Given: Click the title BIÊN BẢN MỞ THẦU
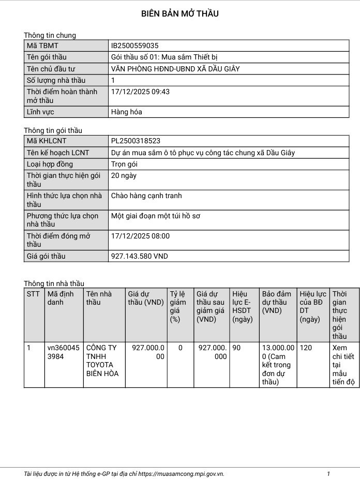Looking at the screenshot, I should pyautogui.click(x=179, y=14).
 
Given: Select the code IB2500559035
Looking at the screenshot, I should pyautogui.click(x=134, y=46).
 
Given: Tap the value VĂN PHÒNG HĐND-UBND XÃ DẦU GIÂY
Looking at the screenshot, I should pyautogui.click(x=175, y=69).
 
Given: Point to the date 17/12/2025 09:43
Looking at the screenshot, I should pyautogui.click(x=140, y=92).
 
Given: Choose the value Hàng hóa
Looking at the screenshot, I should pyautogui.click(x=126, y=112).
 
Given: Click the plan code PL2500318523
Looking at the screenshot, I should pyautogui.click(x=136, y=141).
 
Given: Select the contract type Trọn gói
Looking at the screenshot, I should pyautogui.click(x=124, y=164).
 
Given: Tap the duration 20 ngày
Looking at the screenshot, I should pyautogui.click(x=124, y=175).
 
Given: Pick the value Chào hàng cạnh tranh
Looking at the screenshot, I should pyautogui.click(x=146, y=196).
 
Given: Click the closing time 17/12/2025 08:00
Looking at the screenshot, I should pyautogui.click(x=140, y=236).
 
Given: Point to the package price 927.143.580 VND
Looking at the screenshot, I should pyautogui.click(x=140, y=256).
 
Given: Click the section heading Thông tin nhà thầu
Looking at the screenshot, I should pyautogui.click(x=54, y=283).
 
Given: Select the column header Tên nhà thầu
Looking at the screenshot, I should pyautogui.click(x=99, y=298).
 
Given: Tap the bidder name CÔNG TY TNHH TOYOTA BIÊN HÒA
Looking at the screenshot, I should pyautogui.click(x=102, y=361).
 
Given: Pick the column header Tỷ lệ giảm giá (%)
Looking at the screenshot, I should pyautogui.click(x=178, y=306).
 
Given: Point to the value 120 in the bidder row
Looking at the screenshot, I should pyautogui.click(x=306, y=348).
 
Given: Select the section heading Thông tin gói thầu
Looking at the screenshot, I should pyautogui.click(x=53, y=130).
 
